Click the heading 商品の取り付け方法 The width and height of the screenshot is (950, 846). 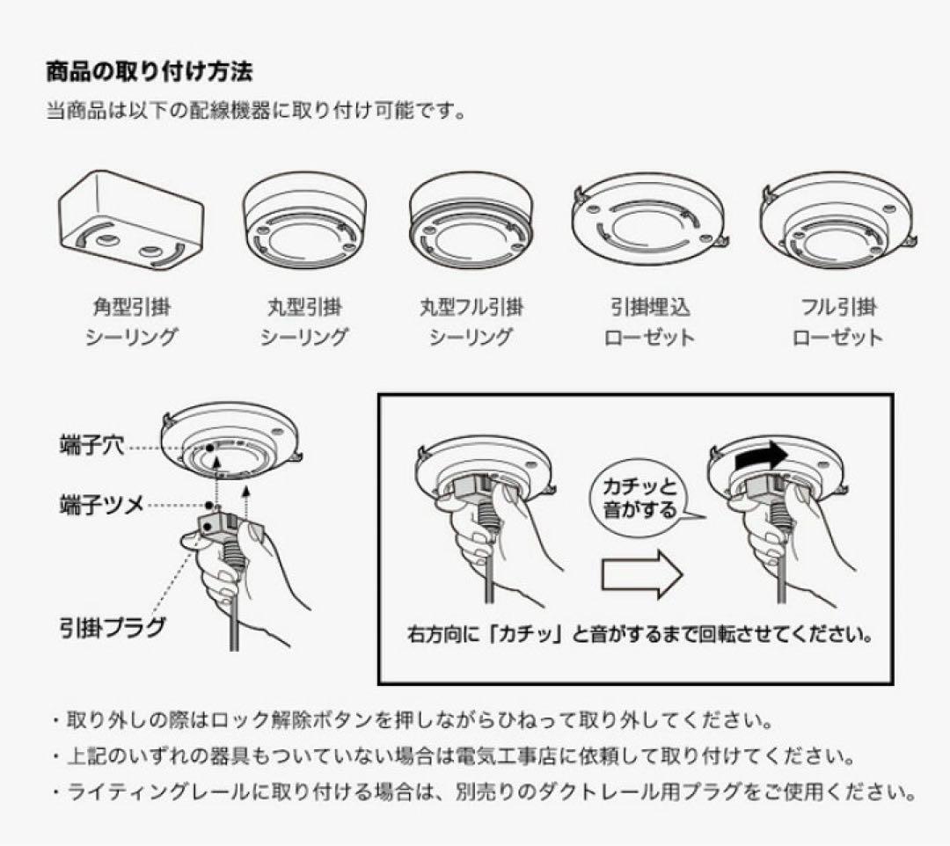(x=149, y=70)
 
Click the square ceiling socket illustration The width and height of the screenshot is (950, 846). (x=131, y=220)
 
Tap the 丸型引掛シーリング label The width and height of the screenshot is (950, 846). (x=303, y=322)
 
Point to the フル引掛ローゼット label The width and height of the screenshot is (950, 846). (x=837, y=322)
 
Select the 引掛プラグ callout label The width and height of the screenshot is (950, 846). (x=112, y=626)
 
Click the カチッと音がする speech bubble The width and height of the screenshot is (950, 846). (x=639, y=497)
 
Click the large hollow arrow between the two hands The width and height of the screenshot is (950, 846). (x=641, y=577)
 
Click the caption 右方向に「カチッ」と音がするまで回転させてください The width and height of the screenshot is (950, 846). (x=640, y=634)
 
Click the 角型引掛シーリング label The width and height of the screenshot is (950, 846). (x=131, y=322)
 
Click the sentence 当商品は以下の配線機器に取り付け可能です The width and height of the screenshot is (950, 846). (x=255, y=112)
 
